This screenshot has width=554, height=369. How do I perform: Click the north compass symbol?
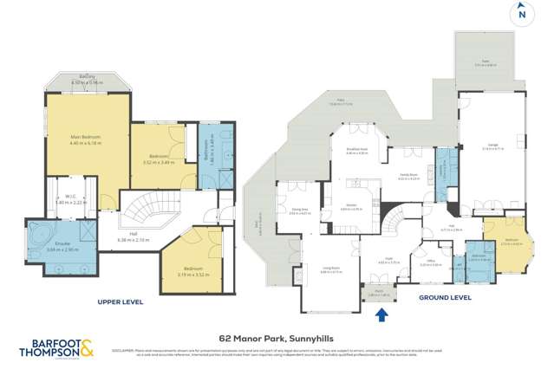(x=521, y=14)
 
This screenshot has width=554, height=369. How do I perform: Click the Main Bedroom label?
(x=86, y=139)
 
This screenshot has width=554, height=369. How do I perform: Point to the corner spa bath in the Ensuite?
(x=37, y=235)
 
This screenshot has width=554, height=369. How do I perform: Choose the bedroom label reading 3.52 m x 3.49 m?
(x=159, y=159)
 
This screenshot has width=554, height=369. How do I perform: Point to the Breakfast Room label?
(x=358, y=151)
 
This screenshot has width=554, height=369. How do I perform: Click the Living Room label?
(x=331, y=270)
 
